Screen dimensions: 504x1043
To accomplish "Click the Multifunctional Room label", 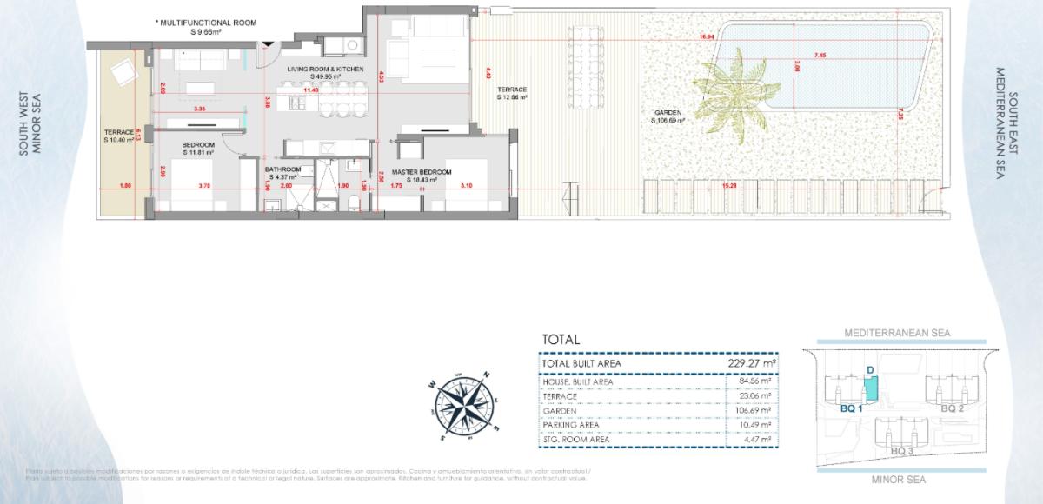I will click(206, 24).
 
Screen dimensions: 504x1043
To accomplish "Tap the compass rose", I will click(465, 402).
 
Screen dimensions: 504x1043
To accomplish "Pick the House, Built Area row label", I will click(578, 381).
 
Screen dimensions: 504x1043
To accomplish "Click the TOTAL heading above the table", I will click(561, 340).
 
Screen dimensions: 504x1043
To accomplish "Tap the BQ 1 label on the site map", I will click(852, 408).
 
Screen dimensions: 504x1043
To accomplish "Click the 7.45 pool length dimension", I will click(820, 56).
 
